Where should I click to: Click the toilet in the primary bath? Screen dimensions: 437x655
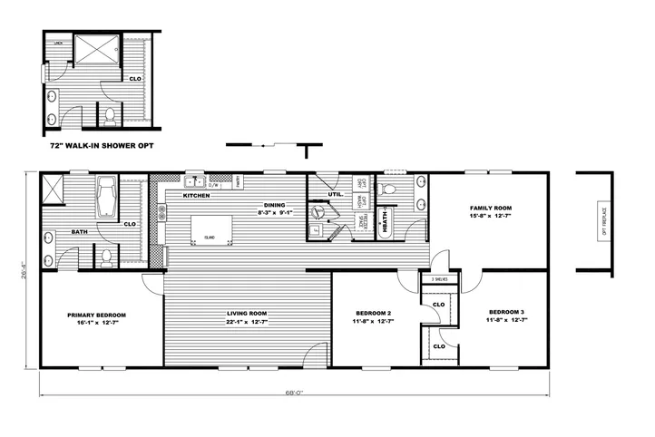click(x=107, y=257)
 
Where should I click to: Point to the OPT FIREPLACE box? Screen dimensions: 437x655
click(x=602, y=219)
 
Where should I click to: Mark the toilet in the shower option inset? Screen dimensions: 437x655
click(x=109, y=115)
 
